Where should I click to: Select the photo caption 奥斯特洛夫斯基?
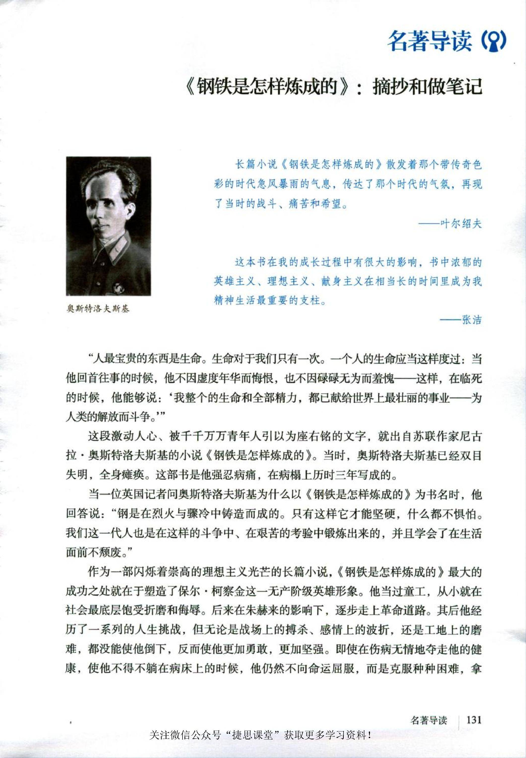pos(98,309)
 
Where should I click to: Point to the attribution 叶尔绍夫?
pos(461,224)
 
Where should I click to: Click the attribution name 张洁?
pos(472,320)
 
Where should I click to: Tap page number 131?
pos(474,720)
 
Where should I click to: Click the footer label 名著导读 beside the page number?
pos(429,720)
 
